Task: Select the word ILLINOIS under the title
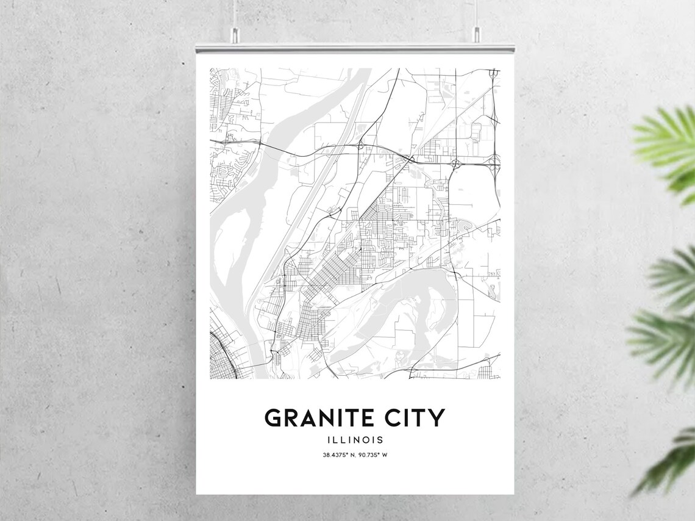pyautogui.click(x=355, y=440)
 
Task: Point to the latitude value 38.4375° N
pyautogui.click(x=339, y=455)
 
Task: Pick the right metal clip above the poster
pyautogui.click(x=476, y=38)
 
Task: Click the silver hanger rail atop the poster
pyautogui.click(x=355, y=48)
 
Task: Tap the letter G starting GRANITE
pyautogui.click(x=274, y=419)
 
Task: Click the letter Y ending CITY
pyautogui.click(x=437, y=419)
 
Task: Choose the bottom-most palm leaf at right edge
pyautogui.click(x=671, y=464)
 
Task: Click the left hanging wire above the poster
pyautogui.click(x=234, y=15)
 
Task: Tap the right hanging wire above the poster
pyautogui.click(x=476, y=15)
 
